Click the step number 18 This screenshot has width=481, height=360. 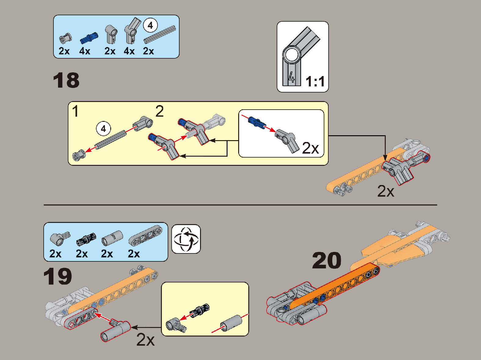click(66, 81)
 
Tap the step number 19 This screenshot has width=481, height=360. click(57, 277)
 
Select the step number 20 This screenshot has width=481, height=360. click(326, 261)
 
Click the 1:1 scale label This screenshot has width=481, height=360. click(315, 82)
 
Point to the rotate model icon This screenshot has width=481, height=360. click(186, 239)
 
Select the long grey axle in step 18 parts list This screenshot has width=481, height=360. click(160, 34)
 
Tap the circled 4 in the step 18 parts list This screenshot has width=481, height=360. click(150, 25)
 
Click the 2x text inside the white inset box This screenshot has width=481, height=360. click(310, 148)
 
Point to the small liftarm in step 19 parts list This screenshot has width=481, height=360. click(145, 236)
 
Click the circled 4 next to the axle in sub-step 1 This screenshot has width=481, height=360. click(103, 129)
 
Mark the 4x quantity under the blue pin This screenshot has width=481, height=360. click(85, 51)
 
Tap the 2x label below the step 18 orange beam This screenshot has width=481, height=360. click(386, 191)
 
